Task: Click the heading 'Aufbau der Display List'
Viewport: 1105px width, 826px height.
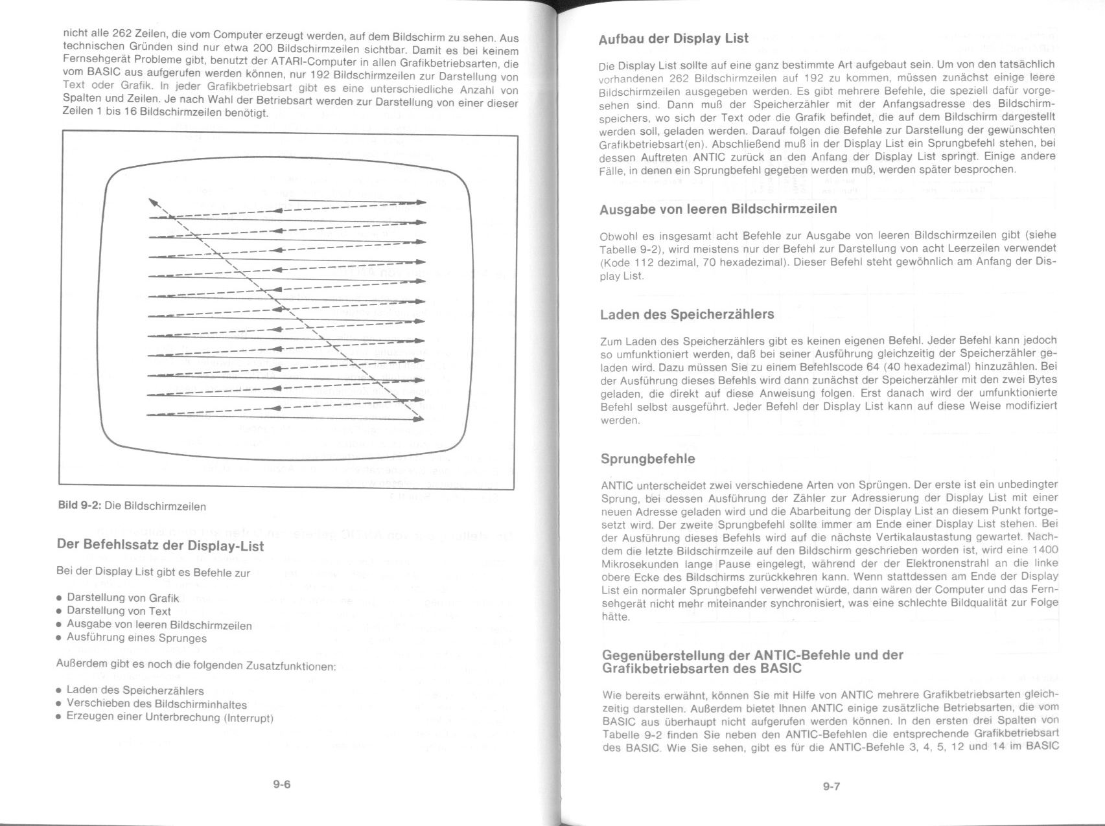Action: click(673, 38)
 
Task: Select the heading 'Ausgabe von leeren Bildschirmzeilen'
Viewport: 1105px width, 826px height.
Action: click(718, 209)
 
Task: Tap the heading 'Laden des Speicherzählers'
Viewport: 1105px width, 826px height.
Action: click(687, 315)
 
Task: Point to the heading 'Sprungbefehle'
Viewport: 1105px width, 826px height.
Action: click(647, 459)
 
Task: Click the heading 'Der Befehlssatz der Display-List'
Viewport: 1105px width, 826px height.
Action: click(161, 545)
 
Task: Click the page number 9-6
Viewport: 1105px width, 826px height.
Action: click(281, 785)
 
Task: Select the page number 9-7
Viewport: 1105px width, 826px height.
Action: click(832, 786)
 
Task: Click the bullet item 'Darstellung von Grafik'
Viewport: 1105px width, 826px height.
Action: click(122, 598)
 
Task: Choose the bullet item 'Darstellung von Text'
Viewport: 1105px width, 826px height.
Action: click(119, 611)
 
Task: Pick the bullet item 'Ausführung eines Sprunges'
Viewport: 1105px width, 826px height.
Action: click(137, 638)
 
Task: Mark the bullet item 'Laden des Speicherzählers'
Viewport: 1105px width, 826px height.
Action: click(135, 691)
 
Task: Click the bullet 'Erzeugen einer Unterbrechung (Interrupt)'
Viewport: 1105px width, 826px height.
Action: click(170, 718)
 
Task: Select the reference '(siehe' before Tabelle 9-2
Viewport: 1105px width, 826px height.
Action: click(1041, 235)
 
